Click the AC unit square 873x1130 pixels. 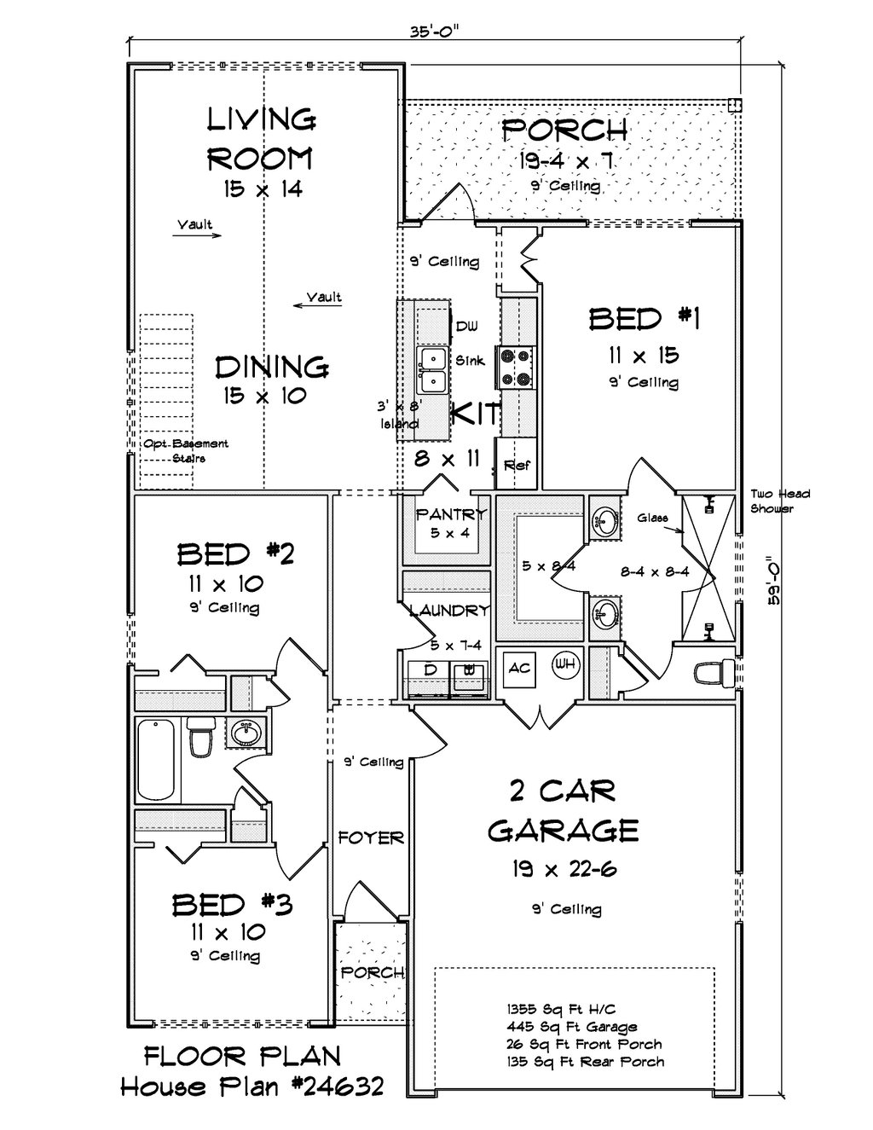click(518, 668)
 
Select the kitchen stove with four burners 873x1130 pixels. click(516, 368)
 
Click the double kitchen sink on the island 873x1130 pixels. click(433, 371)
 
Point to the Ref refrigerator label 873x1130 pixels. click(517, 466)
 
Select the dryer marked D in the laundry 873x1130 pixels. click(429, 678)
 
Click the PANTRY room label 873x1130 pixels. click(452, 515)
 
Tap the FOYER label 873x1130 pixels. click(371, 837)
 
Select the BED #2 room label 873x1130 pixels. click(236, 554)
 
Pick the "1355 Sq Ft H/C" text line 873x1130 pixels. click(561, 1010)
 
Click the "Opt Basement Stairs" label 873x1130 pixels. click(186, 451)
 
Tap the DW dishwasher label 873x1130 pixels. click(466, 327)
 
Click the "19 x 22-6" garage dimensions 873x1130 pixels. click(564, 868)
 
